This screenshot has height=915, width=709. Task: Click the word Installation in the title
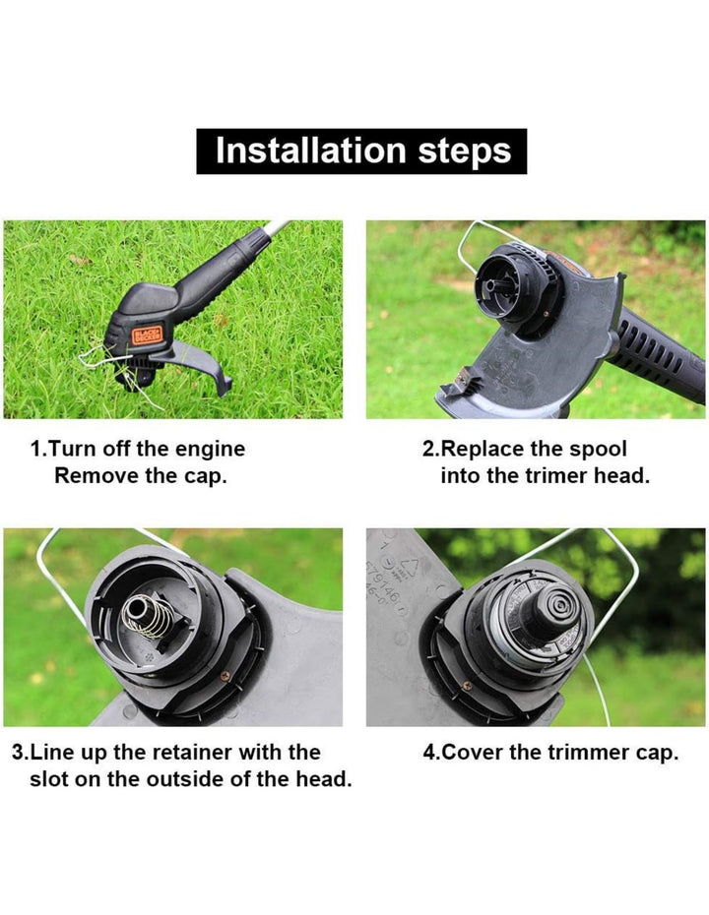click(310, 151)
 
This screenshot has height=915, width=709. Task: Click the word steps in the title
click(465, 152)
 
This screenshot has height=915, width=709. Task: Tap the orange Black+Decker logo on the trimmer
click(147, 334)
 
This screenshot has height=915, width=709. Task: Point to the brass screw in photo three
click(225, 676)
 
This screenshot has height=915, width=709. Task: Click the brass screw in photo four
click(466, 687)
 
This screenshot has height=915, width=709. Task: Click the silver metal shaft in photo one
click(275, 228)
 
